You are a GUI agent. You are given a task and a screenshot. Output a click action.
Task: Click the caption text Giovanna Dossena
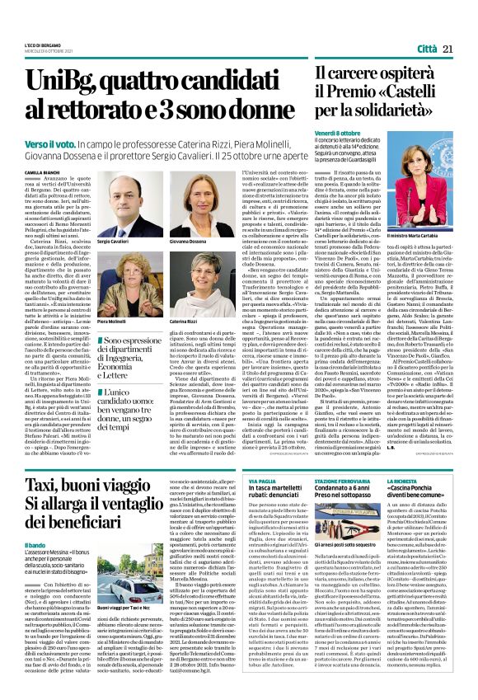click(186, 242)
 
